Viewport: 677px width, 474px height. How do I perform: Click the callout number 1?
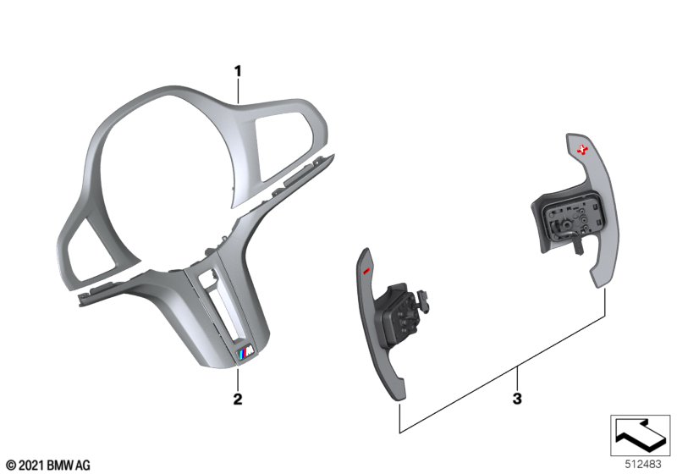tap(238, 71)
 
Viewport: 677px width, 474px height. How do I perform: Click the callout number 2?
tap(238, 399)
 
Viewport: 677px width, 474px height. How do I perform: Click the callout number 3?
tap(517, 399)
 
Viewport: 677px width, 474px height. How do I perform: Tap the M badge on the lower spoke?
tap(245, 355)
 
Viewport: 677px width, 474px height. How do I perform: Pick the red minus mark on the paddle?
tap(366, 271)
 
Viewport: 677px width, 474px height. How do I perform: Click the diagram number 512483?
tap(643, 465)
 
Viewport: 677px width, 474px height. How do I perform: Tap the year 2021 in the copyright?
tap(31, 466)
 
